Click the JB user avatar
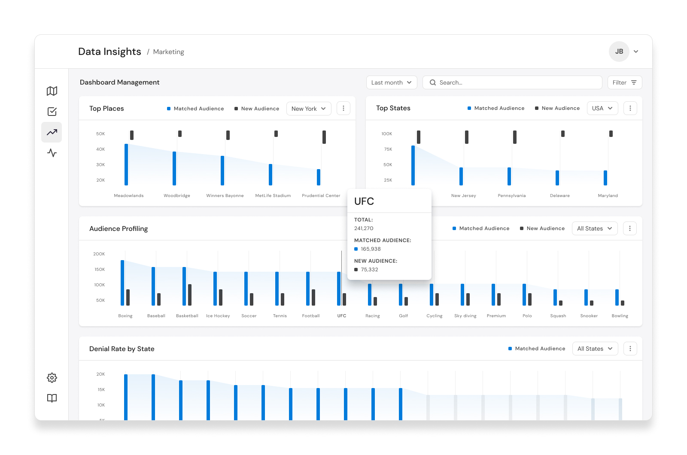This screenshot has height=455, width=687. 619,52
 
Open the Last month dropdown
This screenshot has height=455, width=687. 391,82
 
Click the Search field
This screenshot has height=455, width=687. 512,82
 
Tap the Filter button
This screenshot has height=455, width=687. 624,82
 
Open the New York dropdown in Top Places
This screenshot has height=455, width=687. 309,109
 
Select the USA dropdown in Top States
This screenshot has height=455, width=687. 602,108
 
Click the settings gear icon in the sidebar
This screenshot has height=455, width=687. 52,377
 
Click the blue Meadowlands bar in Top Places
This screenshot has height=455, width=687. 126,165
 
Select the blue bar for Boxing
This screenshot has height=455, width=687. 122,283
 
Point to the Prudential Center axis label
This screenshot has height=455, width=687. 321,196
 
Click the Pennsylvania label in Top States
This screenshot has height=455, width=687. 511,196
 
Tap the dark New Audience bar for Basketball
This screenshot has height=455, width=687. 189,295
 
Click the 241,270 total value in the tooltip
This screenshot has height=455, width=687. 363,228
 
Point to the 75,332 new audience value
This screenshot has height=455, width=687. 369,270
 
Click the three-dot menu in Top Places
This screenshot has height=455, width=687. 343,109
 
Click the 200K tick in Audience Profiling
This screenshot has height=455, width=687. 99,254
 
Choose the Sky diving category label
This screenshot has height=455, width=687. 465,316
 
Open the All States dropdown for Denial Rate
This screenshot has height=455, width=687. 595,349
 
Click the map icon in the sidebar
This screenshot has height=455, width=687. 52,91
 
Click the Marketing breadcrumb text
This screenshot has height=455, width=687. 168,52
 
